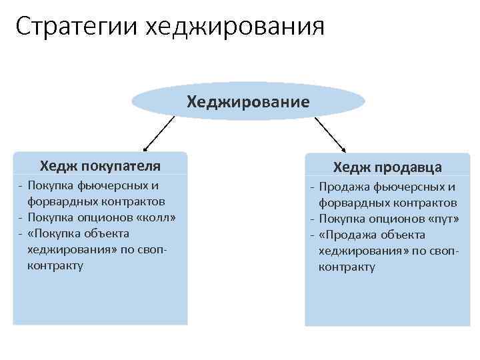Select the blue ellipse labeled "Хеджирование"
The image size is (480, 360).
(x=248, y=101)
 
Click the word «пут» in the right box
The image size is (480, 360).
(x=446, y=219)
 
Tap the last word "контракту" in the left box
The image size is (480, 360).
(x=55, y=265)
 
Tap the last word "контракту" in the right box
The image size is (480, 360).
(x=347, y=267)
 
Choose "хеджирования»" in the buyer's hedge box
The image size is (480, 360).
(x=69, y=249)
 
